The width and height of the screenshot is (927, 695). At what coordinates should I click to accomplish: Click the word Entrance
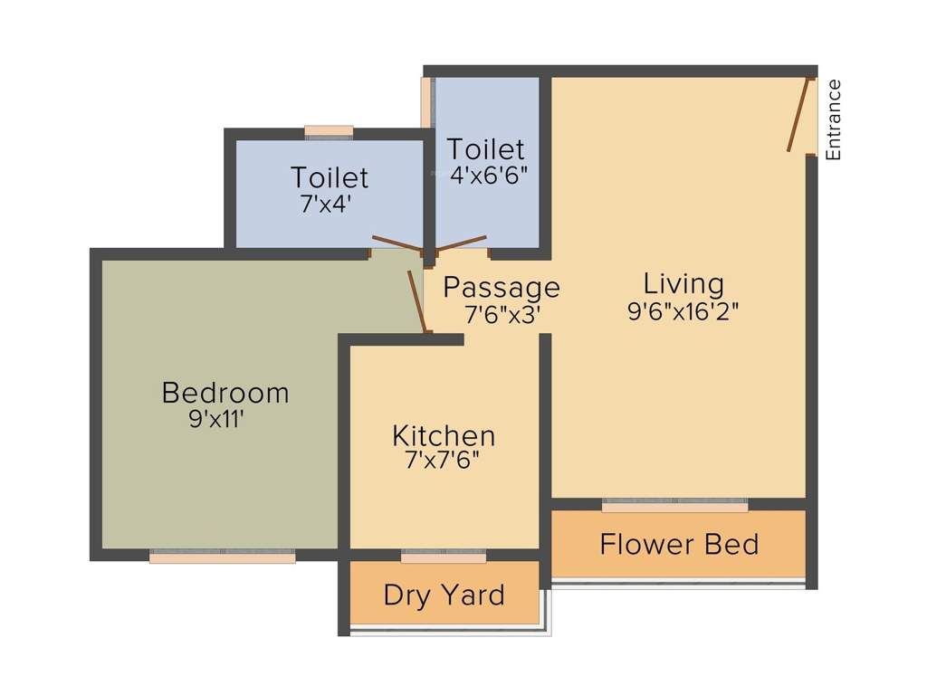834,120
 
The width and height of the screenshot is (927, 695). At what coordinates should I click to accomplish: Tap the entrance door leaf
798,115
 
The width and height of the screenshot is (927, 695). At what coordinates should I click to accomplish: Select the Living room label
683,284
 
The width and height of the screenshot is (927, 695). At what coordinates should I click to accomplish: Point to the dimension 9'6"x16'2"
683,312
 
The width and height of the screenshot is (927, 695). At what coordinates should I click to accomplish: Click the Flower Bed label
679,545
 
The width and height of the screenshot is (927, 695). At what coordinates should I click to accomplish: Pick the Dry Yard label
444,595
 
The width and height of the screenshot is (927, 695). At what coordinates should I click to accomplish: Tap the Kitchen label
444,435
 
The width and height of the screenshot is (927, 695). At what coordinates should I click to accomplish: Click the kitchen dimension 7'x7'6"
443,461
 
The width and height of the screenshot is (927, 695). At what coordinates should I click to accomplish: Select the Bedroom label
225,393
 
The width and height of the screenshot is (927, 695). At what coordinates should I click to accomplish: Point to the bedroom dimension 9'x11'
217,419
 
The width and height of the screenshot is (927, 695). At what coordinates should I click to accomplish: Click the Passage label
501,288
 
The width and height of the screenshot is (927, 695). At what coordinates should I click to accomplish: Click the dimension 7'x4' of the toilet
325,203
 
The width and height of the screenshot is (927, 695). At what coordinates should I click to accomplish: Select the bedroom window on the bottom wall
223,557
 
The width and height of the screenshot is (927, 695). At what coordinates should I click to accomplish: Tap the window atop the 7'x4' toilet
329,132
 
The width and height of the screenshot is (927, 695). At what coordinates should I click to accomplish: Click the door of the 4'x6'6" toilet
462,240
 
